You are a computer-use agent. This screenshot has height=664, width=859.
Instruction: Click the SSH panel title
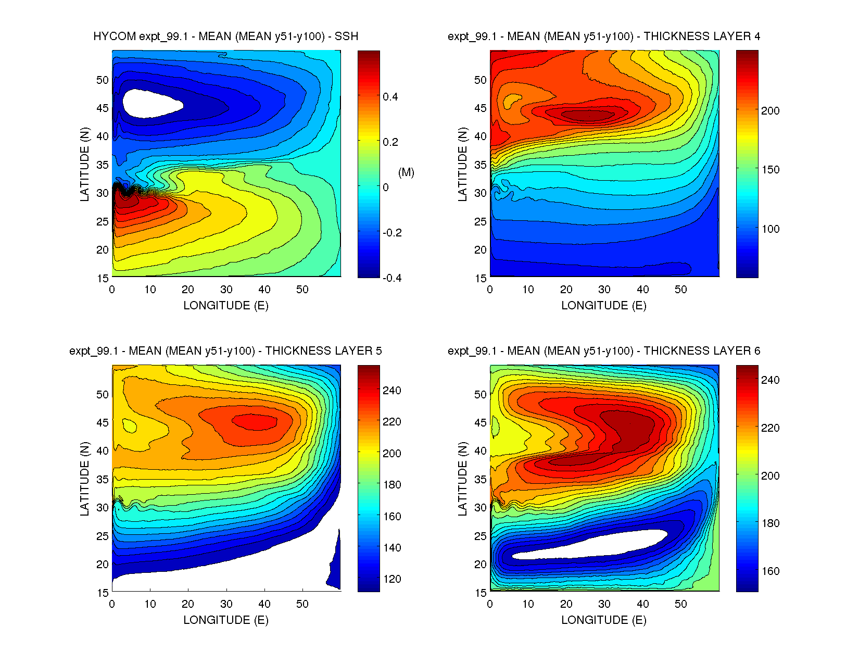[x=225, y=36]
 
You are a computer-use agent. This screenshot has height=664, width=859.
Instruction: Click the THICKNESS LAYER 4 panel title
[x=603, y=36]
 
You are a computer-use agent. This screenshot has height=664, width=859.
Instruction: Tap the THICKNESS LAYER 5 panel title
[x=225, y=351]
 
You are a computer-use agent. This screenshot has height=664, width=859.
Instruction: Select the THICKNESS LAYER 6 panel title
[x=603, y=351]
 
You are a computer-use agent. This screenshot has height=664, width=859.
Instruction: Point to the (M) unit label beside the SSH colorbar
[x=406, y=172]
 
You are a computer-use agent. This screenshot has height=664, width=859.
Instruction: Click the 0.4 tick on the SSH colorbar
[x=390, y=97]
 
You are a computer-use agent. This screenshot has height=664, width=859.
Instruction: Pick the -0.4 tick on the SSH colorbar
[x=391, y=278]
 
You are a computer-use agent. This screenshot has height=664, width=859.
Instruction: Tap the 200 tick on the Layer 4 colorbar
[x=770, y=110]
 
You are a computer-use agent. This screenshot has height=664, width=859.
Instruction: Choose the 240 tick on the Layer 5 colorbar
[x=391, y=391]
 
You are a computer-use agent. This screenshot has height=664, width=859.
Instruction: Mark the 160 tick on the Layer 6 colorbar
[x=770, y=571]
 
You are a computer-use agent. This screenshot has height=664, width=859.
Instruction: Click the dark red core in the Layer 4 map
[x=587, y=114]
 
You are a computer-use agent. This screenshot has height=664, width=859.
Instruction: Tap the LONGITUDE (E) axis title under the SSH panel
[x=225, y=306]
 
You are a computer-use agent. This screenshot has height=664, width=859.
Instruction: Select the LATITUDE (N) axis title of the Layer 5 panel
[x=84, y=479]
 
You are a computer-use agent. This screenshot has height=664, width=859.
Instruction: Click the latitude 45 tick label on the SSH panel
[x=103, y=108]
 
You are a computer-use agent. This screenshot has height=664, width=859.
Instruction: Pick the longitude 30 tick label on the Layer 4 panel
[x=604, y=290]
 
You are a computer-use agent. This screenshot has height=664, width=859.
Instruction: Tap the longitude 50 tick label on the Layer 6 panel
[x=680, y=604]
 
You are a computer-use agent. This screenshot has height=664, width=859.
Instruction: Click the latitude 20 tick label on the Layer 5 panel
[x=103, y=564]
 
